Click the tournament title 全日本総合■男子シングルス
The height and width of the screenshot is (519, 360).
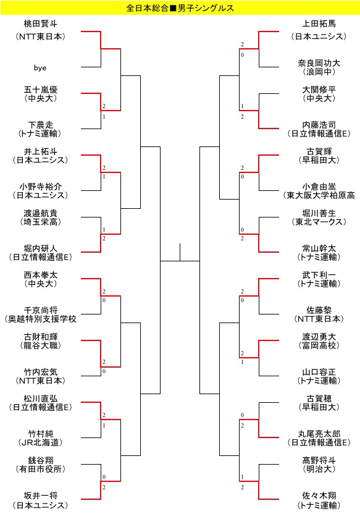point(180,8)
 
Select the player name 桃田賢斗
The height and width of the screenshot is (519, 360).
point(40,24)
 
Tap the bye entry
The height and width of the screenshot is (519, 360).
point(40,68)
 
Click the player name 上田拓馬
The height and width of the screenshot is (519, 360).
point(319,24)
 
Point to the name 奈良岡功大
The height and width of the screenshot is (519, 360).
point(319,63)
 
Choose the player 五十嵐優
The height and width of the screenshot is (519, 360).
point(40,90)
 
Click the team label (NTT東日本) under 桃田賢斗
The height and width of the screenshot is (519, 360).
point(40,36)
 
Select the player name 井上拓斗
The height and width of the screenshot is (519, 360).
point(40,151)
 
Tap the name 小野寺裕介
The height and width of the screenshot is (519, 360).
point(40,187)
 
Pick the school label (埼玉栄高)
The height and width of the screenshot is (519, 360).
point(40,222)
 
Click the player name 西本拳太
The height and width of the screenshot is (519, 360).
point(40,275)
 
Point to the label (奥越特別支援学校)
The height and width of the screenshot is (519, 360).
point(40,319)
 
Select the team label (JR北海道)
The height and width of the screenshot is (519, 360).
point(40,442)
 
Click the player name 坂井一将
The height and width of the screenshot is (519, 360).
point(40,496)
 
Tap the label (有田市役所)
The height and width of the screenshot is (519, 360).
point(40,469)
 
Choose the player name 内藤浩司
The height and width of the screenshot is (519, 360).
point(319,125)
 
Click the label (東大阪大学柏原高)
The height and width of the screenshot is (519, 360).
point(319,195)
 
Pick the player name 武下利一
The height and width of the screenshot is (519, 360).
point(319,275)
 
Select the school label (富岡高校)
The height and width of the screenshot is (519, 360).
point(319,345)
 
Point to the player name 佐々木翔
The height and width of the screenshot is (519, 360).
point(319,496)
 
